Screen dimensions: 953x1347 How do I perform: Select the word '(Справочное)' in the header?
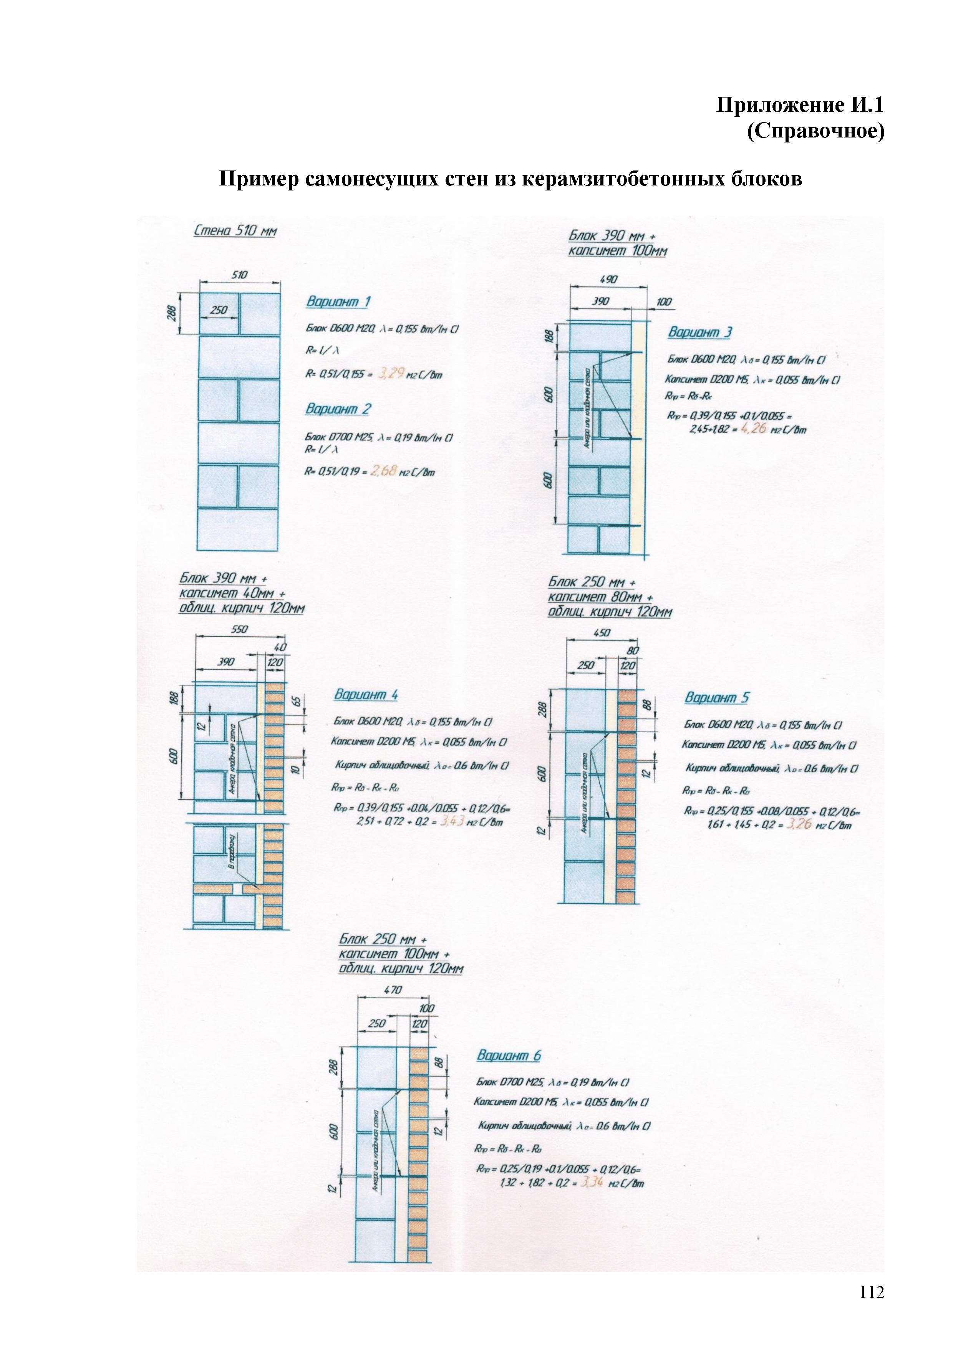[x=815, y=131]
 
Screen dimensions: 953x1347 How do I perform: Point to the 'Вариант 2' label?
[x=338, y=409]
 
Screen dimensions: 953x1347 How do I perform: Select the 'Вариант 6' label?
[x=509, y=1056]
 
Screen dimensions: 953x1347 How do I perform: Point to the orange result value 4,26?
[x=754, y=428]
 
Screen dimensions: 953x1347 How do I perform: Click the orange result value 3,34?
[x=592, y=1182]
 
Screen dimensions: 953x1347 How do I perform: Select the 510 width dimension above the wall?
[x=239, y=275]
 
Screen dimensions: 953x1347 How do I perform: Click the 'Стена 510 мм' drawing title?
[x=235, y=230]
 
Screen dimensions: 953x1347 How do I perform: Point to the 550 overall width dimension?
[x=239, y=629]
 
